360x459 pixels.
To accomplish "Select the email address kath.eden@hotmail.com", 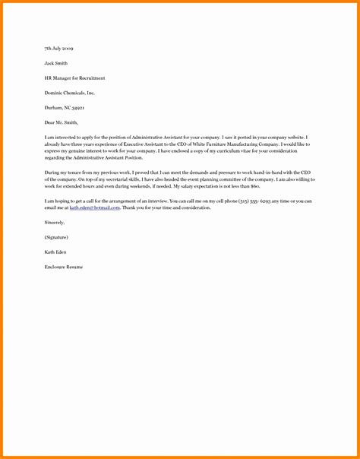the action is [x=94, y=207].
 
